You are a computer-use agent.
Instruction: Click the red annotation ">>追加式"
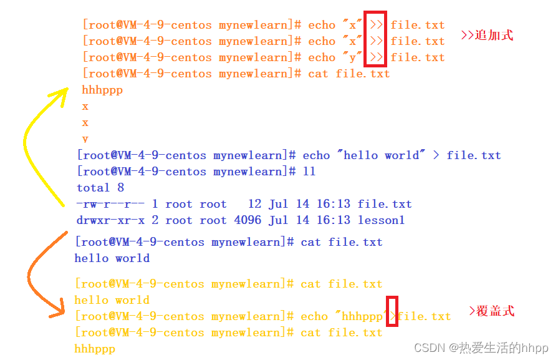[487, 35]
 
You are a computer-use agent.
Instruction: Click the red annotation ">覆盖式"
[491, 311]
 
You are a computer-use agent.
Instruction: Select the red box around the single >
[392, 310]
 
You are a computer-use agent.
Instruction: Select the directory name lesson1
[381, 220]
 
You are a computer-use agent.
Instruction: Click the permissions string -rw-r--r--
[111, 204]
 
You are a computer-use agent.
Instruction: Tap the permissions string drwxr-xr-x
[111, 220]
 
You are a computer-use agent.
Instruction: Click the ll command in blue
[309, 172]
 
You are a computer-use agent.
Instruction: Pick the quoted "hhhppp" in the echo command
[362, 316]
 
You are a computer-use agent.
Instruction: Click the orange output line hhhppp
[102, 90]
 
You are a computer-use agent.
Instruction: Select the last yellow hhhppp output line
[95, 349]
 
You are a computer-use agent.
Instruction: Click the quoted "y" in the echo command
[353, 57]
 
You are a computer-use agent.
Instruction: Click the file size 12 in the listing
[254, 204]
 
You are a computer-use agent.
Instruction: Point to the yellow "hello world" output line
[112, 300]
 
